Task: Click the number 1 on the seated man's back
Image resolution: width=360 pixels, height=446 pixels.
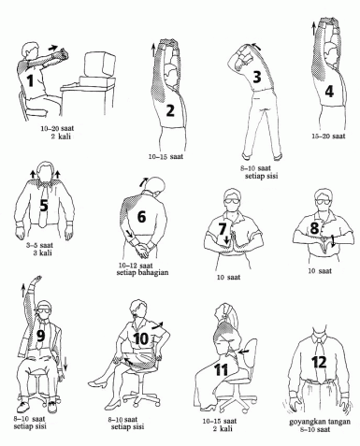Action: coord(30,80)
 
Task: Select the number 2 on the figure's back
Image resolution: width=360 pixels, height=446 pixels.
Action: coord(170,110)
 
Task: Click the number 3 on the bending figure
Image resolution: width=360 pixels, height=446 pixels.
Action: coord(256,77)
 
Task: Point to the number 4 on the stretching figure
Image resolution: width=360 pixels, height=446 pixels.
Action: coord(329,92)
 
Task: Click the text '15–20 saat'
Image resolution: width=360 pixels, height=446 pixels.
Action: coord(328,137)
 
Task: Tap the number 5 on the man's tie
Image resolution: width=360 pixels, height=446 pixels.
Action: coord(44,205)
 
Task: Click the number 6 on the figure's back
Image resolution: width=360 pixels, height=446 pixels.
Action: coord(141,217)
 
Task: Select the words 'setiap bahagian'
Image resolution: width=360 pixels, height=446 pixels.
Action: coord(142,272)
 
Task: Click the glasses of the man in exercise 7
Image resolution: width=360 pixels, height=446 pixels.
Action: coord(232,201)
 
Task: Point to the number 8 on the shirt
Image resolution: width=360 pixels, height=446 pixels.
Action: coord(314,228)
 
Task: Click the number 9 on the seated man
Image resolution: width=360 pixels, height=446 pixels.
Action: coord(41,336)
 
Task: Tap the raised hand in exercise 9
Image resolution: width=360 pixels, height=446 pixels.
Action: coord(37,278)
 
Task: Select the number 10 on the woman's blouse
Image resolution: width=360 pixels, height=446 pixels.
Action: coord(140,339)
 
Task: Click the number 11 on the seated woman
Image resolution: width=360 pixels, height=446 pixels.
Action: coord(222,369)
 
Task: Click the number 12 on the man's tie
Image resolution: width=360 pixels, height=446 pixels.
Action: coord(320,362)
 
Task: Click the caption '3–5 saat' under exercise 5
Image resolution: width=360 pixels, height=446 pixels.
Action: coord(39,245)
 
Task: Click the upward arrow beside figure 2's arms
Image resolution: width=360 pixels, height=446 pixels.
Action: coord(153,50)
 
